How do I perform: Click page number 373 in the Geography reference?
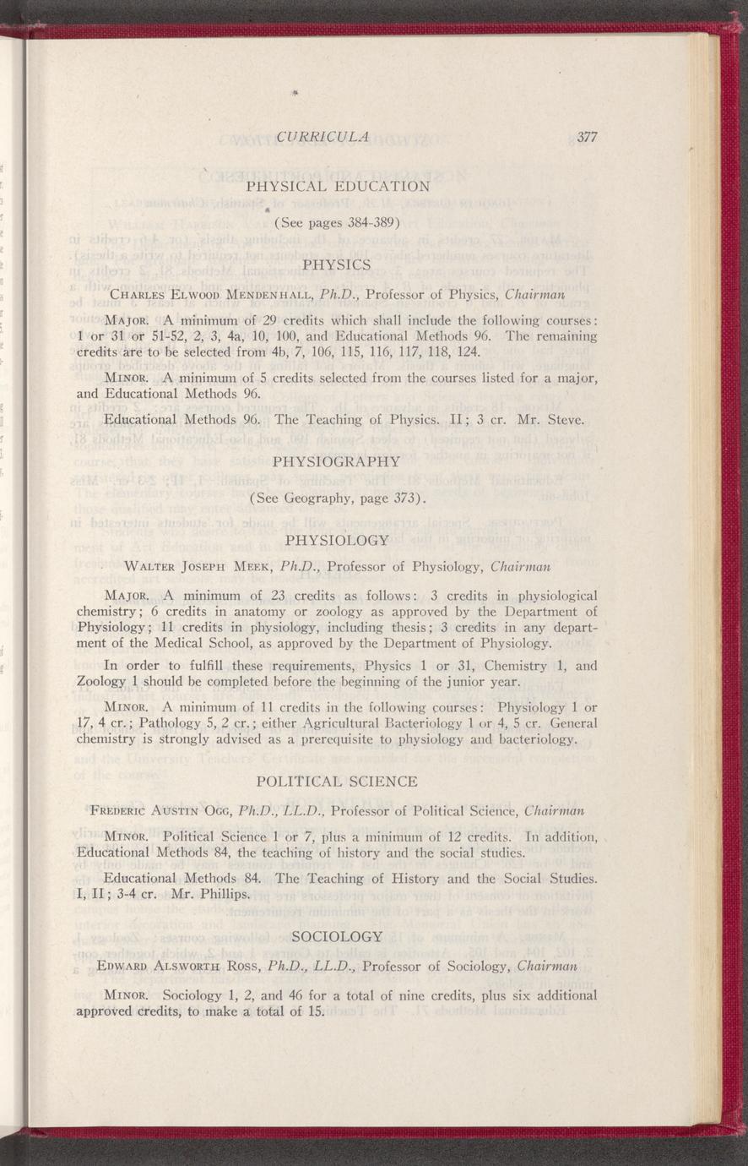408,499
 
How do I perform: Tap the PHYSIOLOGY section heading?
337,539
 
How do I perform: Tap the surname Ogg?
214,811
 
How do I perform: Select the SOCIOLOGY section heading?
337,935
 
